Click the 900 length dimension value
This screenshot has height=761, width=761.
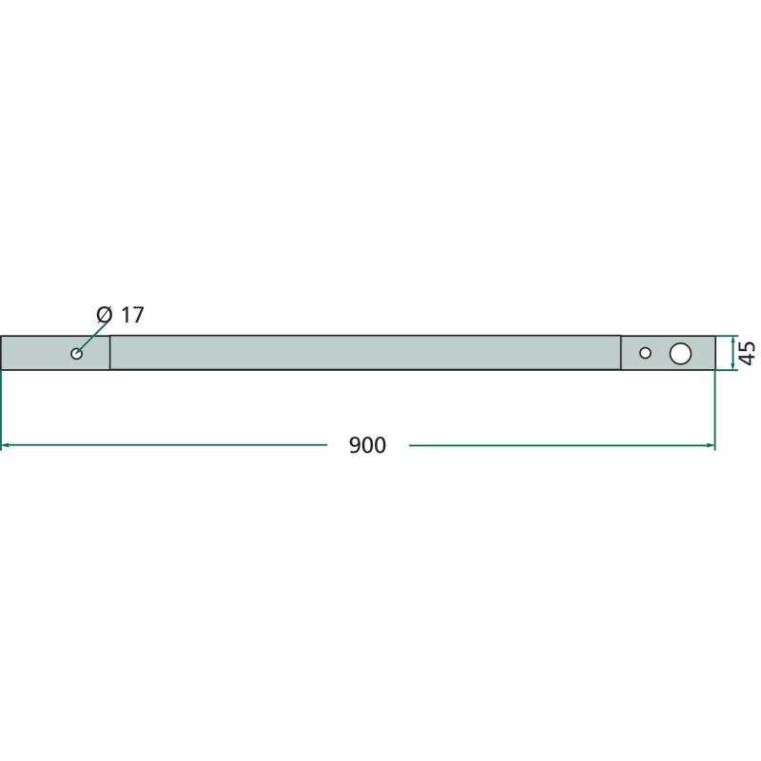pos(367,445)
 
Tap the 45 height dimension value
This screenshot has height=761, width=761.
pos(747,353)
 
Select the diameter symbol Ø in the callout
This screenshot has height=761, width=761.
pos(105,315)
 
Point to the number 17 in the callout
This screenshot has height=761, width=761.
pos(132,315)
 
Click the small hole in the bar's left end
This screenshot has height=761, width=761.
pos(77,353)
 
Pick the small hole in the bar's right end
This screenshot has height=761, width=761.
pos(645,353)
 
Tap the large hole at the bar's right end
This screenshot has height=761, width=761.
pos(680,353)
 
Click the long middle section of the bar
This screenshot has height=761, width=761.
pos(365,353)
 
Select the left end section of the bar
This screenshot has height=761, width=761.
pos(55,353)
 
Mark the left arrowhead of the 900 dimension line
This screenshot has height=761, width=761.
pos(5,445)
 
